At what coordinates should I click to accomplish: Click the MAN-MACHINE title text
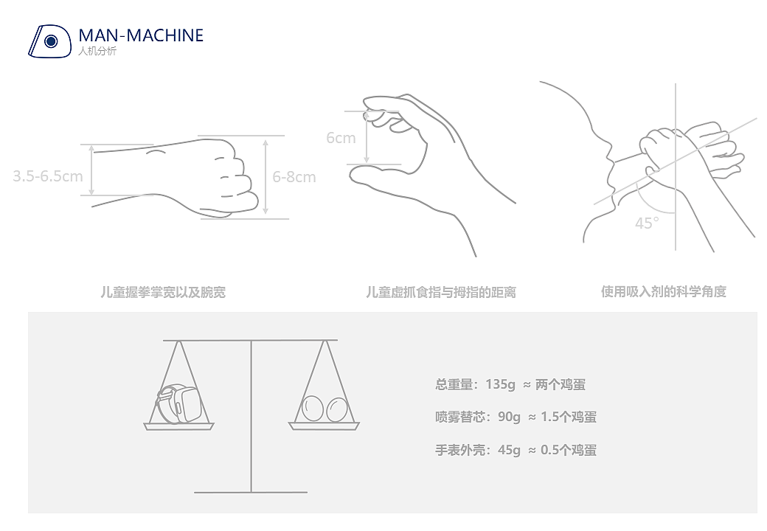pos(140,35)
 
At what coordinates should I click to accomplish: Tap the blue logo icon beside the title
pos(48,41)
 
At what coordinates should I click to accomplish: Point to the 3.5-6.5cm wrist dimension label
pos(48,176)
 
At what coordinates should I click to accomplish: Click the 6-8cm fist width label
pos(294,177)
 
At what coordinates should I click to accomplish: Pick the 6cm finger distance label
pos(341,138)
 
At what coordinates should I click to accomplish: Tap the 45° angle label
pos(647,223)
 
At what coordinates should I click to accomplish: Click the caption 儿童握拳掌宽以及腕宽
pos(163,292)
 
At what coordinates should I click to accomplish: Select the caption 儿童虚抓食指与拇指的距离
pos(440,292)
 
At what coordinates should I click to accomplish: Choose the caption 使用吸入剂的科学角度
pos(663,291)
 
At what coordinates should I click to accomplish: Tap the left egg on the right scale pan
pos(313,409)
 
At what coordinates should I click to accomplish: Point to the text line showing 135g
pos(510,384)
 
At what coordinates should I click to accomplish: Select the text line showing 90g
pos(516,417)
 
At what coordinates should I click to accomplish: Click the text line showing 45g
pos(516,450)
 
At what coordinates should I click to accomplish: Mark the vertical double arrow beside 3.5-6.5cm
pos(91,170)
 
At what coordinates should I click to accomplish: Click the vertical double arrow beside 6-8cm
pos(265,177)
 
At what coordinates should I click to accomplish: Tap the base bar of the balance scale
pos(251,492)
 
